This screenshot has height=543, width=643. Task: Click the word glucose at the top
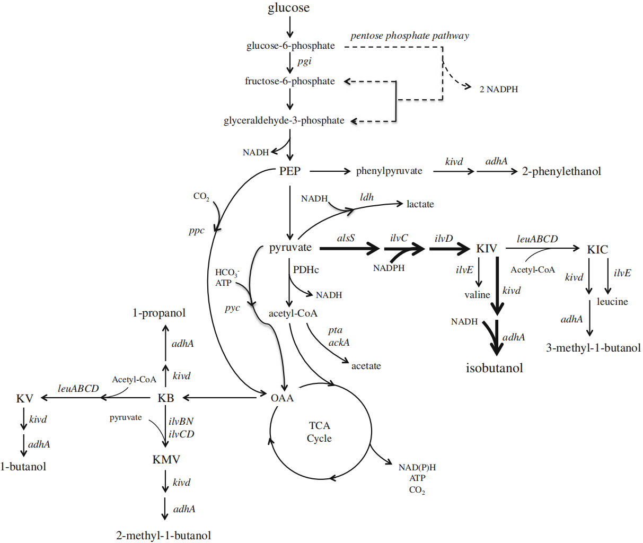point(288,8)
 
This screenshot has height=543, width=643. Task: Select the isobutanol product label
point(494,368)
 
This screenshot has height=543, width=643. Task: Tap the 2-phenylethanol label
point(561,171)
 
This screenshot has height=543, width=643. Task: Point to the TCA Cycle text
point(319,432)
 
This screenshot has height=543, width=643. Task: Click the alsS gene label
point(346,238)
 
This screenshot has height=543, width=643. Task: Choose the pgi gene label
point(304,62)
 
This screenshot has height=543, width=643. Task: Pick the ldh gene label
point(367,197)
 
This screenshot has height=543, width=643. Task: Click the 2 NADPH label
point(498,90)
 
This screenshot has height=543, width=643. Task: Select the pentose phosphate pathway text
point(409,36)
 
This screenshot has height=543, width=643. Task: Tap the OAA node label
point(281,398)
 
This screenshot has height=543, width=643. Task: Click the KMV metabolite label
point(166,460)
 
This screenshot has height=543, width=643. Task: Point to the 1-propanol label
point(159,313)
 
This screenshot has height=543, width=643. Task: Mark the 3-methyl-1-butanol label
point(593,348)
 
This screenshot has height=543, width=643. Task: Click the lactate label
point(420,204)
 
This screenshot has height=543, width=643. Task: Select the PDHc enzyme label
point(306,270)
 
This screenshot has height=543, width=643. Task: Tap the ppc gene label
point(196,231)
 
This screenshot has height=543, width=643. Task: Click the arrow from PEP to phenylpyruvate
point(330,171)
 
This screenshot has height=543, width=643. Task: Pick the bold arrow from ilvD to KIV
point(450,248)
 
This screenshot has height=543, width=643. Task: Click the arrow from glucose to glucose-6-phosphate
point(289,27)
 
